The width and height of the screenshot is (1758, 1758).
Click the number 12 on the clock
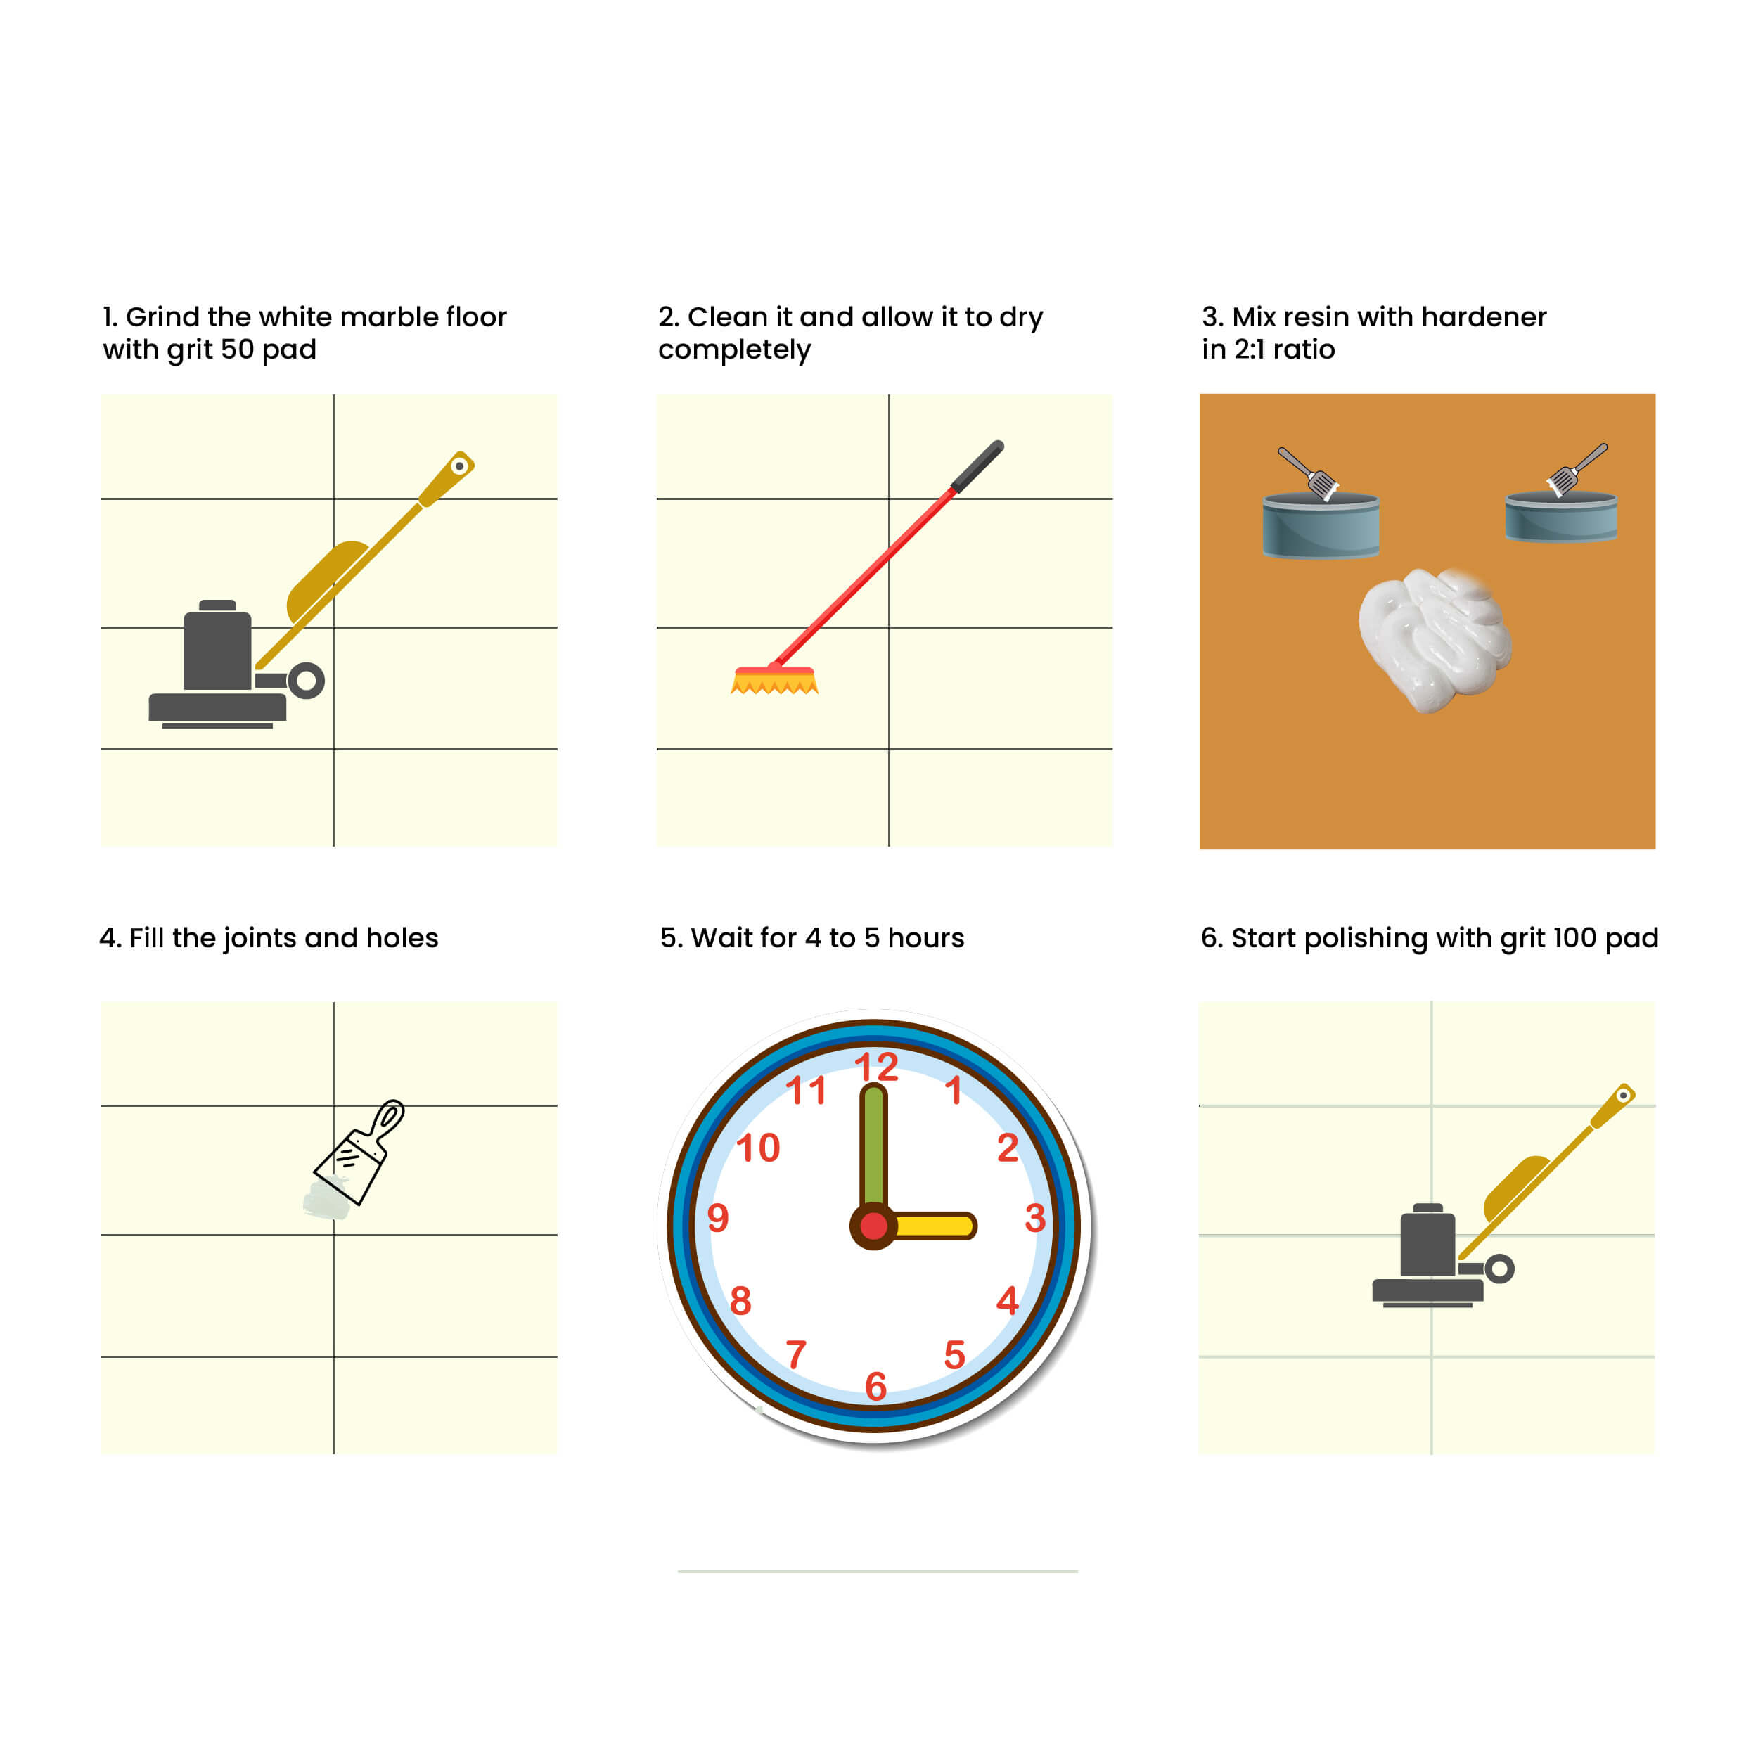876,1067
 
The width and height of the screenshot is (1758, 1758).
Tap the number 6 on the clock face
875,1387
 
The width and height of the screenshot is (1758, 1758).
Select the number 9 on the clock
718,1217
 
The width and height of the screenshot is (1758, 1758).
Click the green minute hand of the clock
873,1146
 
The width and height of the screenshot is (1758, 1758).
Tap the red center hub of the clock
873,1226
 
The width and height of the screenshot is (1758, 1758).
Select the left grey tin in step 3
1321,524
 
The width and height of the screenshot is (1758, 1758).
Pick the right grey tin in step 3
1561,516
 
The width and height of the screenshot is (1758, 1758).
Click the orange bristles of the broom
774,681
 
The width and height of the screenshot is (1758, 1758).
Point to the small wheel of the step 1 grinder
307,681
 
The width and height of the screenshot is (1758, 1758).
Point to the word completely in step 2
734,350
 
